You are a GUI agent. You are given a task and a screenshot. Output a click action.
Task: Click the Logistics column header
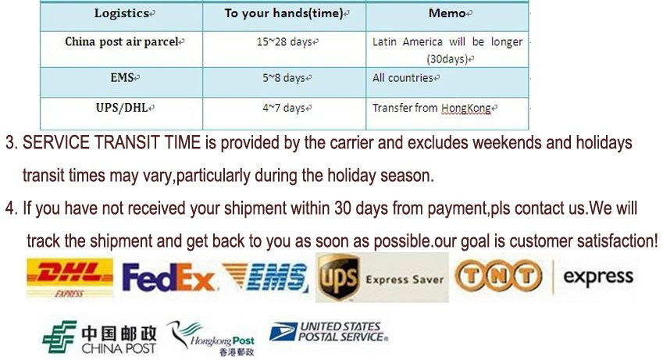[x=122, y=13]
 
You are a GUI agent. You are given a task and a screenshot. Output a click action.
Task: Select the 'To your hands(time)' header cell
[x=283, y=13]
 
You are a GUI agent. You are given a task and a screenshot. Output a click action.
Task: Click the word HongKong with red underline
[x=466, y=109]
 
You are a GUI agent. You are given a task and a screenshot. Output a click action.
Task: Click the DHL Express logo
[x=70, y=278]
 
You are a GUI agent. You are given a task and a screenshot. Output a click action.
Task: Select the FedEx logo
[x=168, y=277]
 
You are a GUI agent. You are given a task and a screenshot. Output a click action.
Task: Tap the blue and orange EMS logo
[x=266, y=277]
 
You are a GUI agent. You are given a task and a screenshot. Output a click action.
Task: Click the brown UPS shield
[x=339, y=277]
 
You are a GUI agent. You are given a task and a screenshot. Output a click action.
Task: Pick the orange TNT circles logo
[x=498, y=276]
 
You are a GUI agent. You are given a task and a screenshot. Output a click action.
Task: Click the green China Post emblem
[x=59, y=337]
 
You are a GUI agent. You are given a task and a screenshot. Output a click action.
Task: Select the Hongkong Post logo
[x=212, y=337]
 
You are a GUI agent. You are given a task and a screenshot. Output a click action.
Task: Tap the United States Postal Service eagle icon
[x=283, y=332]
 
